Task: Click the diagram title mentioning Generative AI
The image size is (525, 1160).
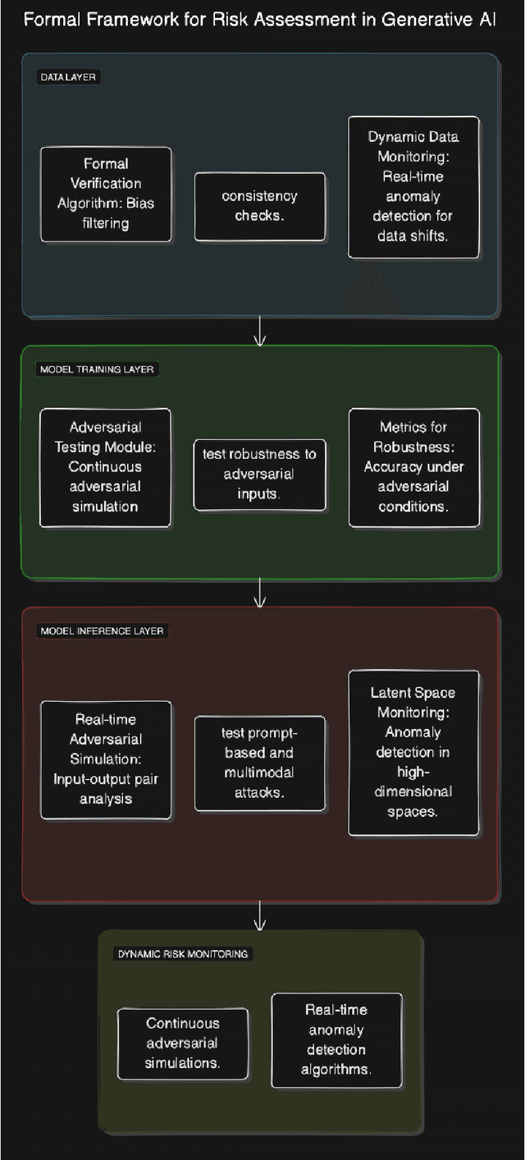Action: (x=259, y=21)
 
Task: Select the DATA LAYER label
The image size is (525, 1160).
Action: (x=70, y=77)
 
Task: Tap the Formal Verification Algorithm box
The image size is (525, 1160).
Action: (x=106, y=194)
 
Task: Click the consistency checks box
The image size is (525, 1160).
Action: (x=259, y=206)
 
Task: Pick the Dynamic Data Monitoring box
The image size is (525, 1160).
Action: (x=413, y=187)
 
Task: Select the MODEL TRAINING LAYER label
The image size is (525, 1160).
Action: (x=96, y=369)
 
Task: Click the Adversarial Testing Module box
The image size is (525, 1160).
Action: (x=105, y=467)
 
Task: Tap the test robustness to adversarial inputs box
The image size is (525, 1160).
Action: (x=259, y=474)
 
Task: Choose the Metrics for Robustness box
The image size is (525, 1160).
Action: (x=413, y=467)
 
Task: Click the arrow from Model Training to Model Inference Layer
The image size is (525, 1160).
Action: (x=259, y=593)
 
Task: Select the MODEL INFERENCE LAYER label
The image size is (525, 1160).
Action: (x=101, y=631)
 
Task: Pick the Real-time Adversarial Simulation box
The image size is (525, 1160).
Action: (x=106, y=759)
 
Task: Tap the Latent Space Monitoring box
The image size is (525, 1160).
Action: (x=413, y=753)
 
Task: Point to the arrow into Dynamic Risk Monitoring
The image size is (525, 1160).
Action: (x=259, y=915)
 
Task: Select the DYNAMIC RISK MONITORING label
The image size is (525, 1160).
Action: (x=183, y=954)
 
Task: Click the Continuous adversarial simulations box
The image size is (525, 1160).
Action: (x=183, y=1043)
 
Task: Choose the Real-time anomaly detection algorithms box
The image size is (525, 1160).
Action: (x=336, y=1040)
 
